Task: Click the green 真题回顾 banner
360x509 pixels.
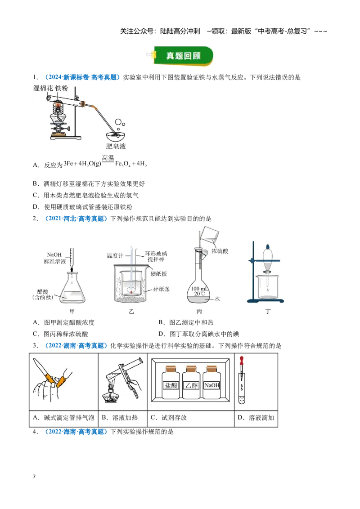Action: [183, 56]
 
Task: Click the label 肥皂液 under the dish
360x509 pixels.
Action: [116, 147]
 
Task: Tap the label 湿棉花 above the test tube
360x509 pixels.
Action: [43, 88]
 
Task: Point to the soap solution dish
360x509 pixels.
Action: [116, 135]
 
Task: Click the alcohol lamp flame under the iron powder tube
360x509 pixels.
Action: [58, 105]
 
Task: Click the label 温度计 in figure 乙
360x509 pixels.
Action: [115, 256]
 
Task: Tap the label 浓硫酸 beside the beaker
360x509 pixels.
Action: [220, 251]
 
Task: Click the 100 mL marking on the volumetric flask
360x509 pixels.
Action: [199, 288]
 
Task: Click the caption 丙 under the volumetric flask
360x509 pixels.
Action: [199, 311]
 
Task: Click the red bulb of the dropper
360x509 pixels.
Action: [241, 360]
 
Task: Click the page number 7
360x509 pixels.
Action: [34, 477]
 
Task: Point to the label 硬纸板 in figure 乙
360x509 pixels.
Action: [159, 274]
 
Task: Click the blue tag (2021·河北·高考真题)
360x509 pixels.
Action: [76, 219]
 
